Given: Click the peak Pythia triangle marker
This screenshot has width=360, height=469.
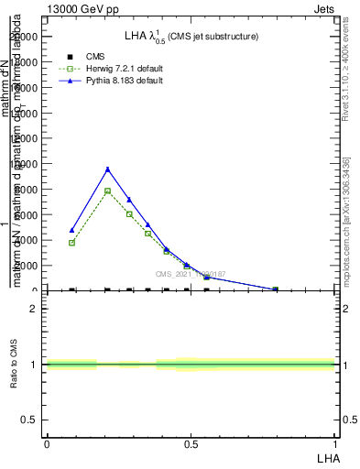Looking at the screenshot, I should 107,169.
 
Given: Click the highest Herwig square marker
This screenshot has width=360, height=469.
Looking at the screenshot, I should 107,191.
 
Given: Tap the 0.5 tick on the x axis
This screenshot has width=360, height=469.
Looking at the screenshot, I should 191,445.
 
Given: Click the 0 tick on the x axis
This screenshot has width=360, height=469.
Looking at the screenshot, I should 47,445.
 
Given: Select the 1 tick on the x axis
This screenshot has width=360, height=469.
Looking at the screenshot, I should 335,445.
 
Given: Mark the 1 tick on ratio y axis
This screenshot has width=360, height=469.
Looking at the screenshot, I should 34,365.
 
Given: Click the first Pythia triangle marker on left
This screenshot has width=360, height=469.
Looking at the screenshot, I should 71,230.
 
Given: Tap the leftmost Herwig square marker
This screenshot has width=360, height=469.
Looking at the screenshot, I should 71,243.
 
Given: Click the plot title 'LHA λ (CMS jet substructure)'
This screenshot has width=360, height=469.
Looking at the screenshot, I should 191,36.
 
